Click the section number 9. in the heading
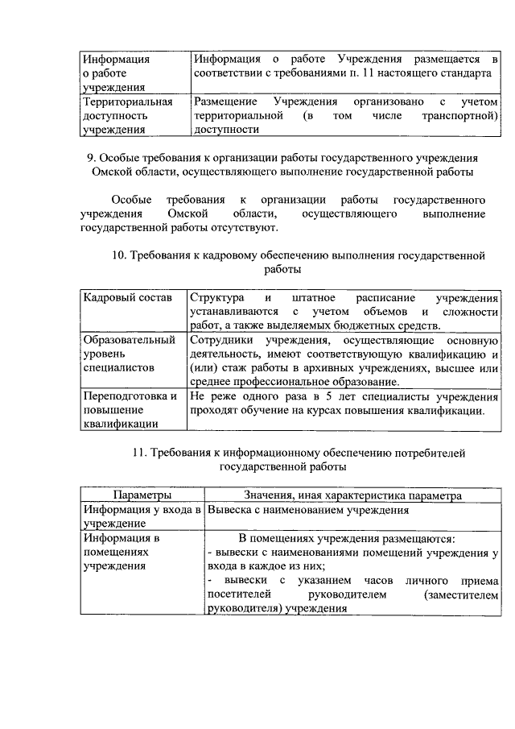(x=91, y=158)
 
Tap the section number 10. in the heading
(x=120, y=256)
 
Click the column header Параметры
(x=142, y=494)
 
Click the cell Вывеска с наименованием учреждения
(x=309, y=510)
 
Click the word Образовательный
(x=130, y=340)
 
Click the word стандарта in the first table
(x=466, y=73)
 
